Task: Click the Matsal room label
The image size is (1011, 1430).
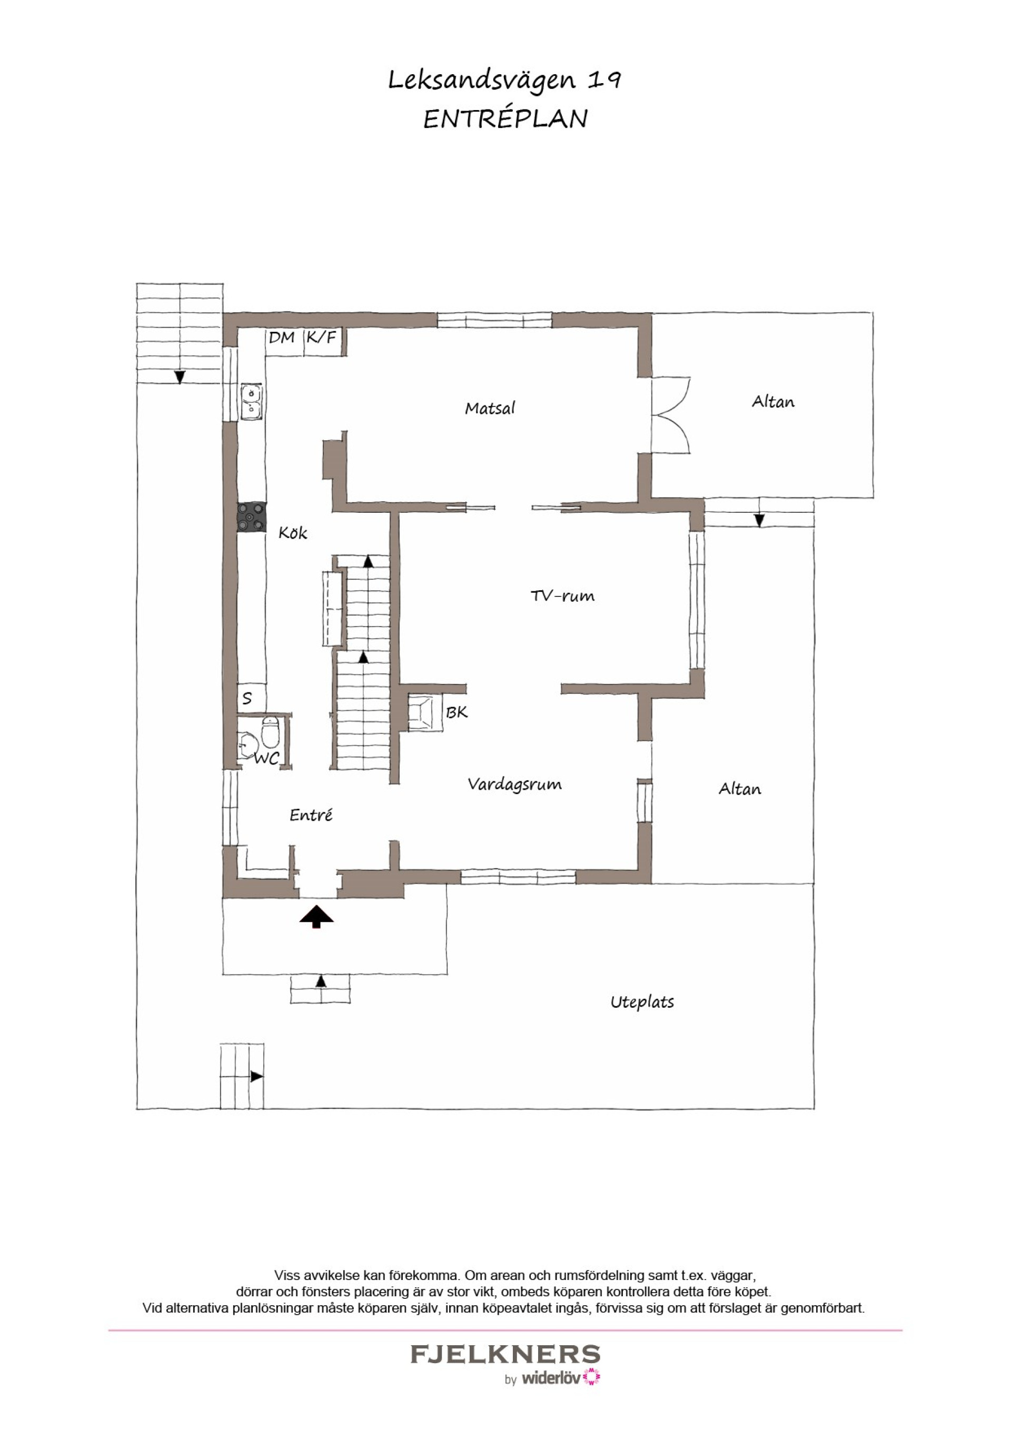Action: point(490,409)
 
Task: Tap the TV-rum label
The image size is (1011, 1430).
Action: point(562,596)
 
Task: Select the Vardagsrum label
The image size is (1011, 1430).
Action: point(514,784)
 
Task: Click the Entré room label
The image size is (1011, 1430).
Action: point(311,815)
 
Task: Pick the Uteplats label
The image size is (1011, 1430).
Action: point(642,1002)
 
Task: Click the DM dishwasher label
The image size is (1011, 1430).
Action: point(282,337)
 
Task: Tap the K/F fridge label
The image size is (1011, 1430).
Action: point(321,337)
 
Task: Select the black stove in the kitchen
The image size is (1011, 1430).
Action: point(252,517)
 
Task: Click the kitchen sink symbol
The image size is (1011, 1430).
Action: point(251,401)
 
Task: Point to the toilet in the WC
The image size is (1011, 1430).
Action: point(270,732)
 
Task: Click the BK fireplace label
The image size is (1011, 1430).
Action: point(457,712)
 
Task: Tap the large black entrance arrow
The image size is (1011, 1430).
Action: point(316,917)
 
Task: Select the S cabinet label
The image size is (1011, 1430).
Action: point(247,698)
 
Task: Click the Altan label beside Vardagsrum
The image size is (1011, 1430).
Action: point(740,789)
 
